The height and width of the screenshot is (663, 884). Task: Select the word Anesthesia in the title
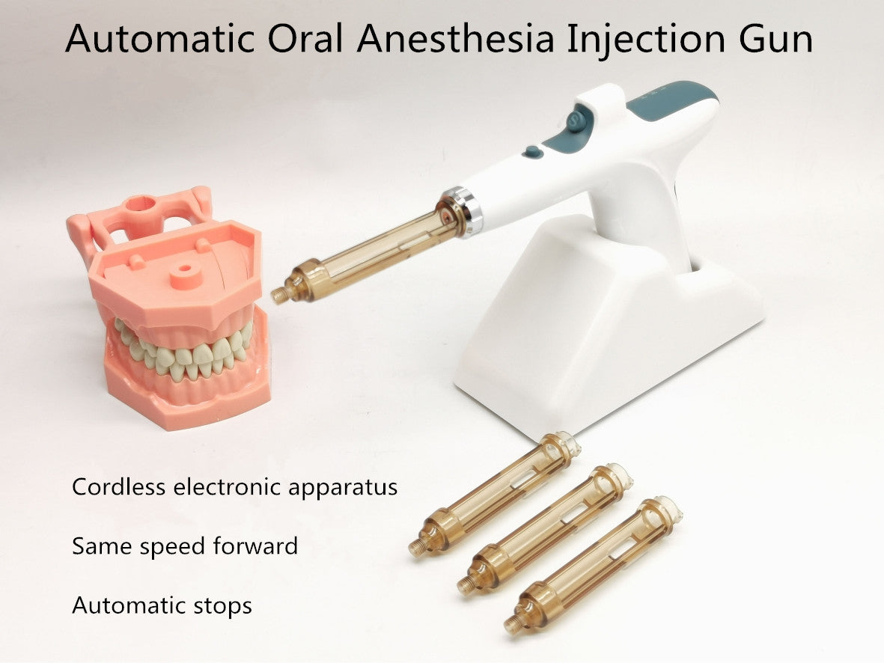coord(455,38)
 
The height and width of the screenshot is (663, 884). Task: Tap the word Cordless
coord(118,486)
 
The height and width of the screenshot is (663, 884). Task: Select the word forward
coord(255,546)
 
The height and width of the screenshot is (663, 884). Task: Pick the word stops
coord(223,606)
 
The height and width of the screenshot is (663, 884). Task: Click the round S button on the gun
coord(576,120)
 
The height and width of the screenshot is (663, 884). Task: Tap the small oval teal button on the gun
coord(531,152)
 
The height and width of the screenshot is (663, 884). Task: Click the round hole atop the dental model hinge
coord(141,202)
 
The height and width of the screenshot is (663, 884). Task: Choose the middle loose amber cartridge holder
coord(544,528)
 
